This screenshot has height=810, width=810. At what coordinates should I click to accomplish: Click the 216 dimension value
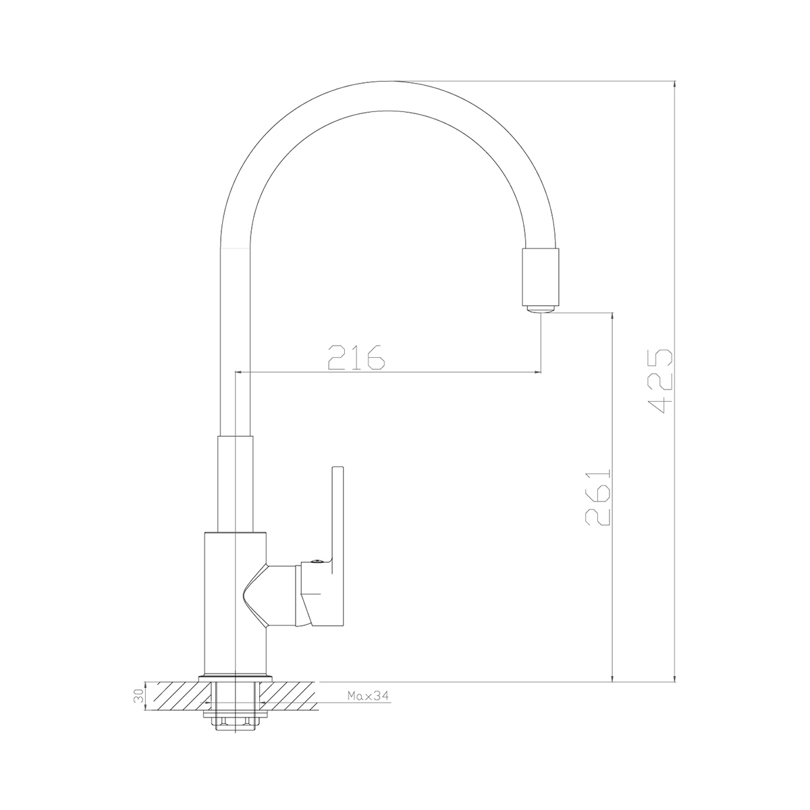[x=356, y=357]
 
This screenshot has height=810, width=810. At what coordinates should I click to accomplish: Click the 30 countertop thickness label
[x=139, y=695]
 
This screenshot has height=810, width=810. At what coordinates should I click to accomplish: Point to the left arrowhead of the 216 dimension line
[x=238, y=372]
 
